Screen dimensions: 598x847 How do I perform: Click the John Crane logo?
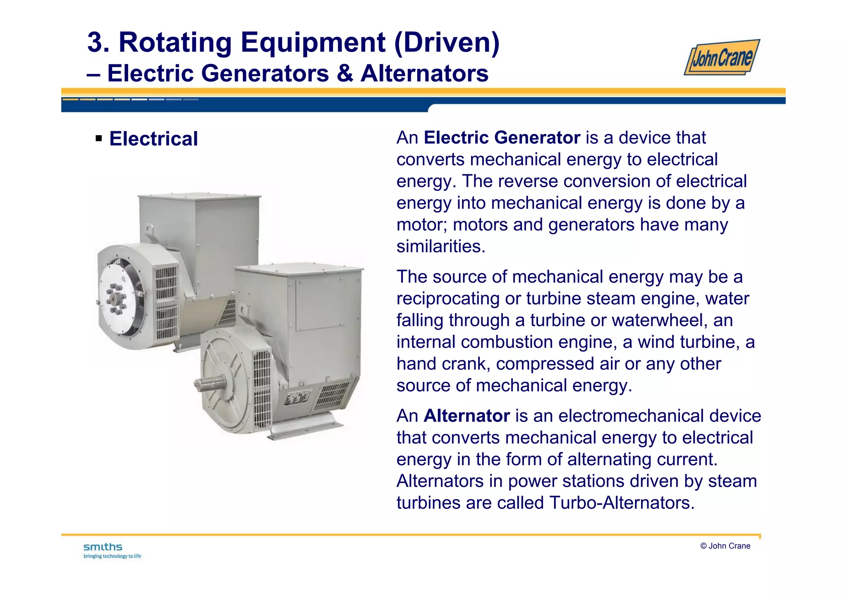coord(722,57)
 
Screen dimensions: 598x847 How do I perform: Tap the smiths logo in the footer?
coord(103,547)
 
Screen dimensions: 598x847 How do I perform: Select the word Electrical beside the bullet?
coord(153,139)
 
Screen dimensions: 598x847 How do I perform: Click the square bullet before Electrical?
coord(98,138)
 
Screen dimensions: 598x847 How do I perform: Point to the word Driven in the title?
coord(447,43)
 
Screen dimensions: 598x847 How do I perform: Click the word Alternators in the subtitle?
coord(424,74)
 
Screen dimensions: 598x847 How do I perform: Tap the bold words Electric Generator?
coord(502,138)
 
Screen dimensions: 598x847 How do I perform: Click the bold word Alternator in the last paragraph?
coord(467,416)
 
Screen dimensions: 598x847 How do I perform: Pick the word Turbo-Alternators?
coord(622,503)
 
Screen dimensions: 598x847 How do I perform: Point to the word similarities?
coord(440,247)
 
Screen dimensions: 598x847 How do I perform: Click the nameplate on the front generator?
coord(297,397)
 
